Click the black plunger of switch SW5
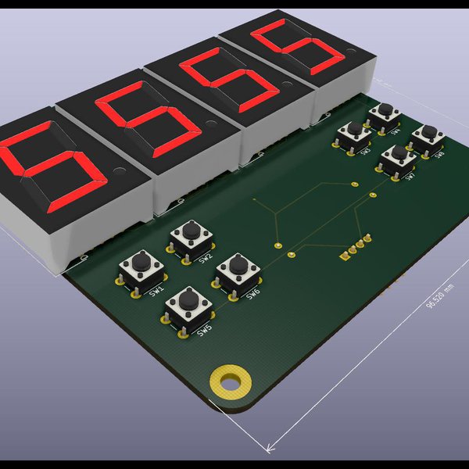[x=188, y=298]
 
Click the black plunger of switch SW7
[x=399, y=152]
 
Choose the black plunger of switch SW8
[x=428, y=132]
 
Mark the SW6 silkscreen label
[x=252, y=294]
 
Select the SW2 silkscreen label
[x=205, y=259]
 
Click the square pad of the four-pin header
[x=344, y=255]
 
